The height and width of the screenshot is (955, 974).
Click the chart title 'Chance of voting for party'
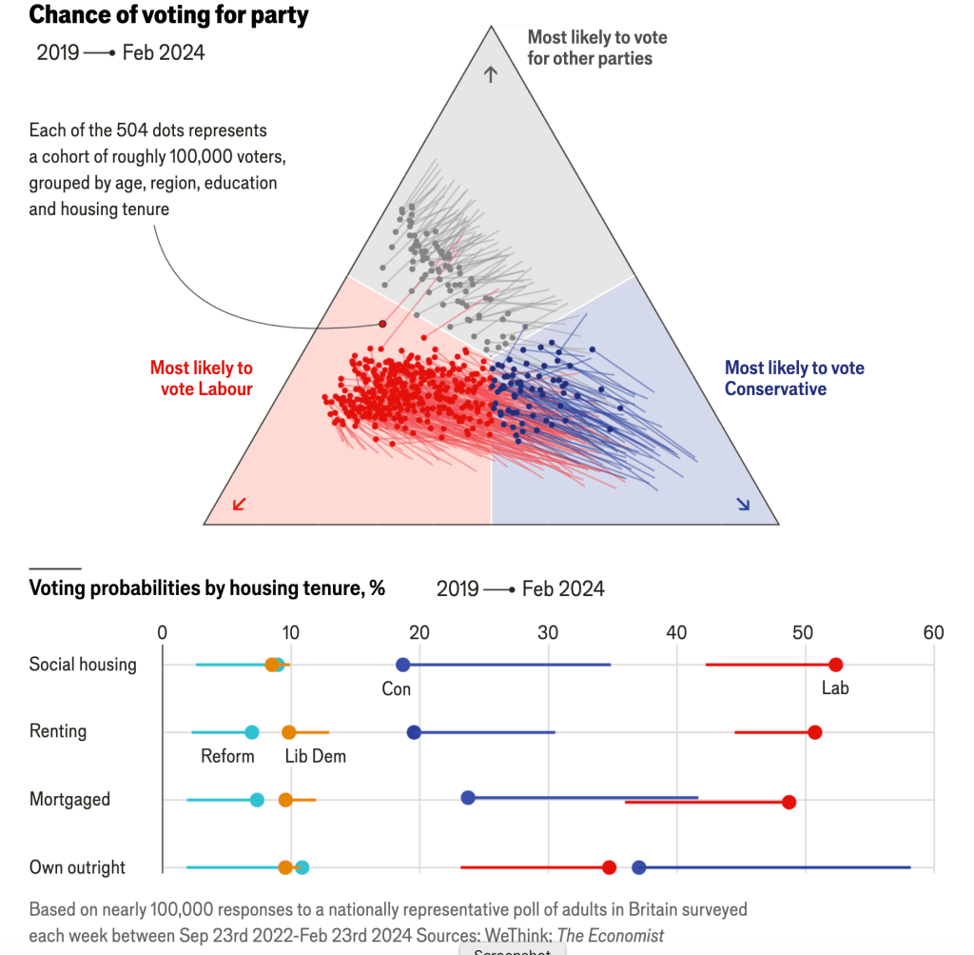168,15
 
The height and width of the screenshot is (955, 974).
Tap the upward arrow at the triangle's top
491,74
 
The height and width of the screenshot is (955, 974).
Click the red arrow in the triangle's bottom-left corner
239,504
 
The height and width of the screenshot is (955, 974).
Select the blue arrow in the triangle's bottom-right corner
743,504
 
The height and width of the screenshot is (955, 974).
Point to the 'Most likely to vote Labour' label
202,378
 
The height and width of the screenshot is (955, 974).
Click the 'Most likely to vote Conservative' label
794,378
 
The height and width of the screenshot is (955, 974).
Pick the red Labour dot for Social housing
835,665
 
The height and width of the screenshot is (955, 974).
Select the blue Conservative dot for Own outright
639,866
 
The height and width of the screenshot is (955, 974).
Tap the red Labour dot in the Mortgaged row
789,802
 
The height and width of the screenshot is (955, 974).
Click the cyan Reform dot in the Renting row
251,732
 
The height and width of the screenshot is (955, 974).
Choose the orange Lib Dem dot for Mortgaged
285,799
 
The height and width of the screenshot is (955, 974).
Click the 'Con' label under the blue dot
396,688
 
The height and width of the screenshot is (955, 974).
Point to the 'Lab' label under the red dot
835,688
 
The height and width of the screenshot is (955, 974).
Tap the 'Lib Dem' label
316,757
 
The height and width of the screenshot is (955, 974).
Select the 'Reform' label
227,757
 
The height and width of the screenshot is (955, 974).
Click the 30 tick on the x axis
548,633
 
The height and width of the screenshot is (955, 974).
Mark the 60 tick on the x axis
933,633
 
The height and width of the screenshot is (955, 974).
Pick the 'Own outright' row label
77,867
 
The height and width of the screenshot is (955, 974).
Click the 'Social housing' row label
83,665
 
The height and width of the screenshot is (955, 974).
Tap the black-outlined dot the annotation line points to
382,324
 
